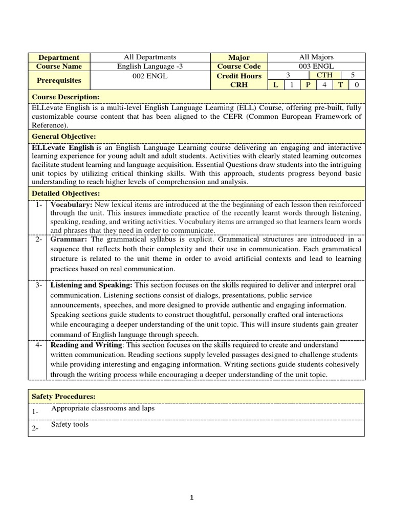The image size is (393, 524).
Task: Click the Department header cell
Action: tap(59, 57)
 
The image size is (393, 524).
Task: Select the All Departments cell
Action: tap(150, 57)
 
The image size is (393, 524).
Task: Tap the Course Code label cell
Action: tap(239, 67)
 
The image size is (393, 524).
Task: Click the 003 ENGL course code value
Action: tap(316, 67)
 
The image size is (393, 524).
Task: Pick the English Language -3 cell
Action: tap(150, 67)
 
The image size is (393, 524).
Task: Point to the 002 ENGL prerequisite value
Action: tap(150, 76)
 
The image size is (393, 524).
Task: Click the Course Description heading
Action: tap(65, 97)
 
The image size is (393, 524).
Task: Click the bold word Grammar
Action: tap(69, 239)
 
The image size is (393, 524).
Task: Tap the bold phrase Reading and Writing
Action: tap(86, 345)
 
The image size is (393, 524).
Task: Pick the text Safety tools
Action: tap(70, 424)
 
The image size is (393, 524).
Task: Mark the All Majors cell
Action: tap(316, 57)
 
